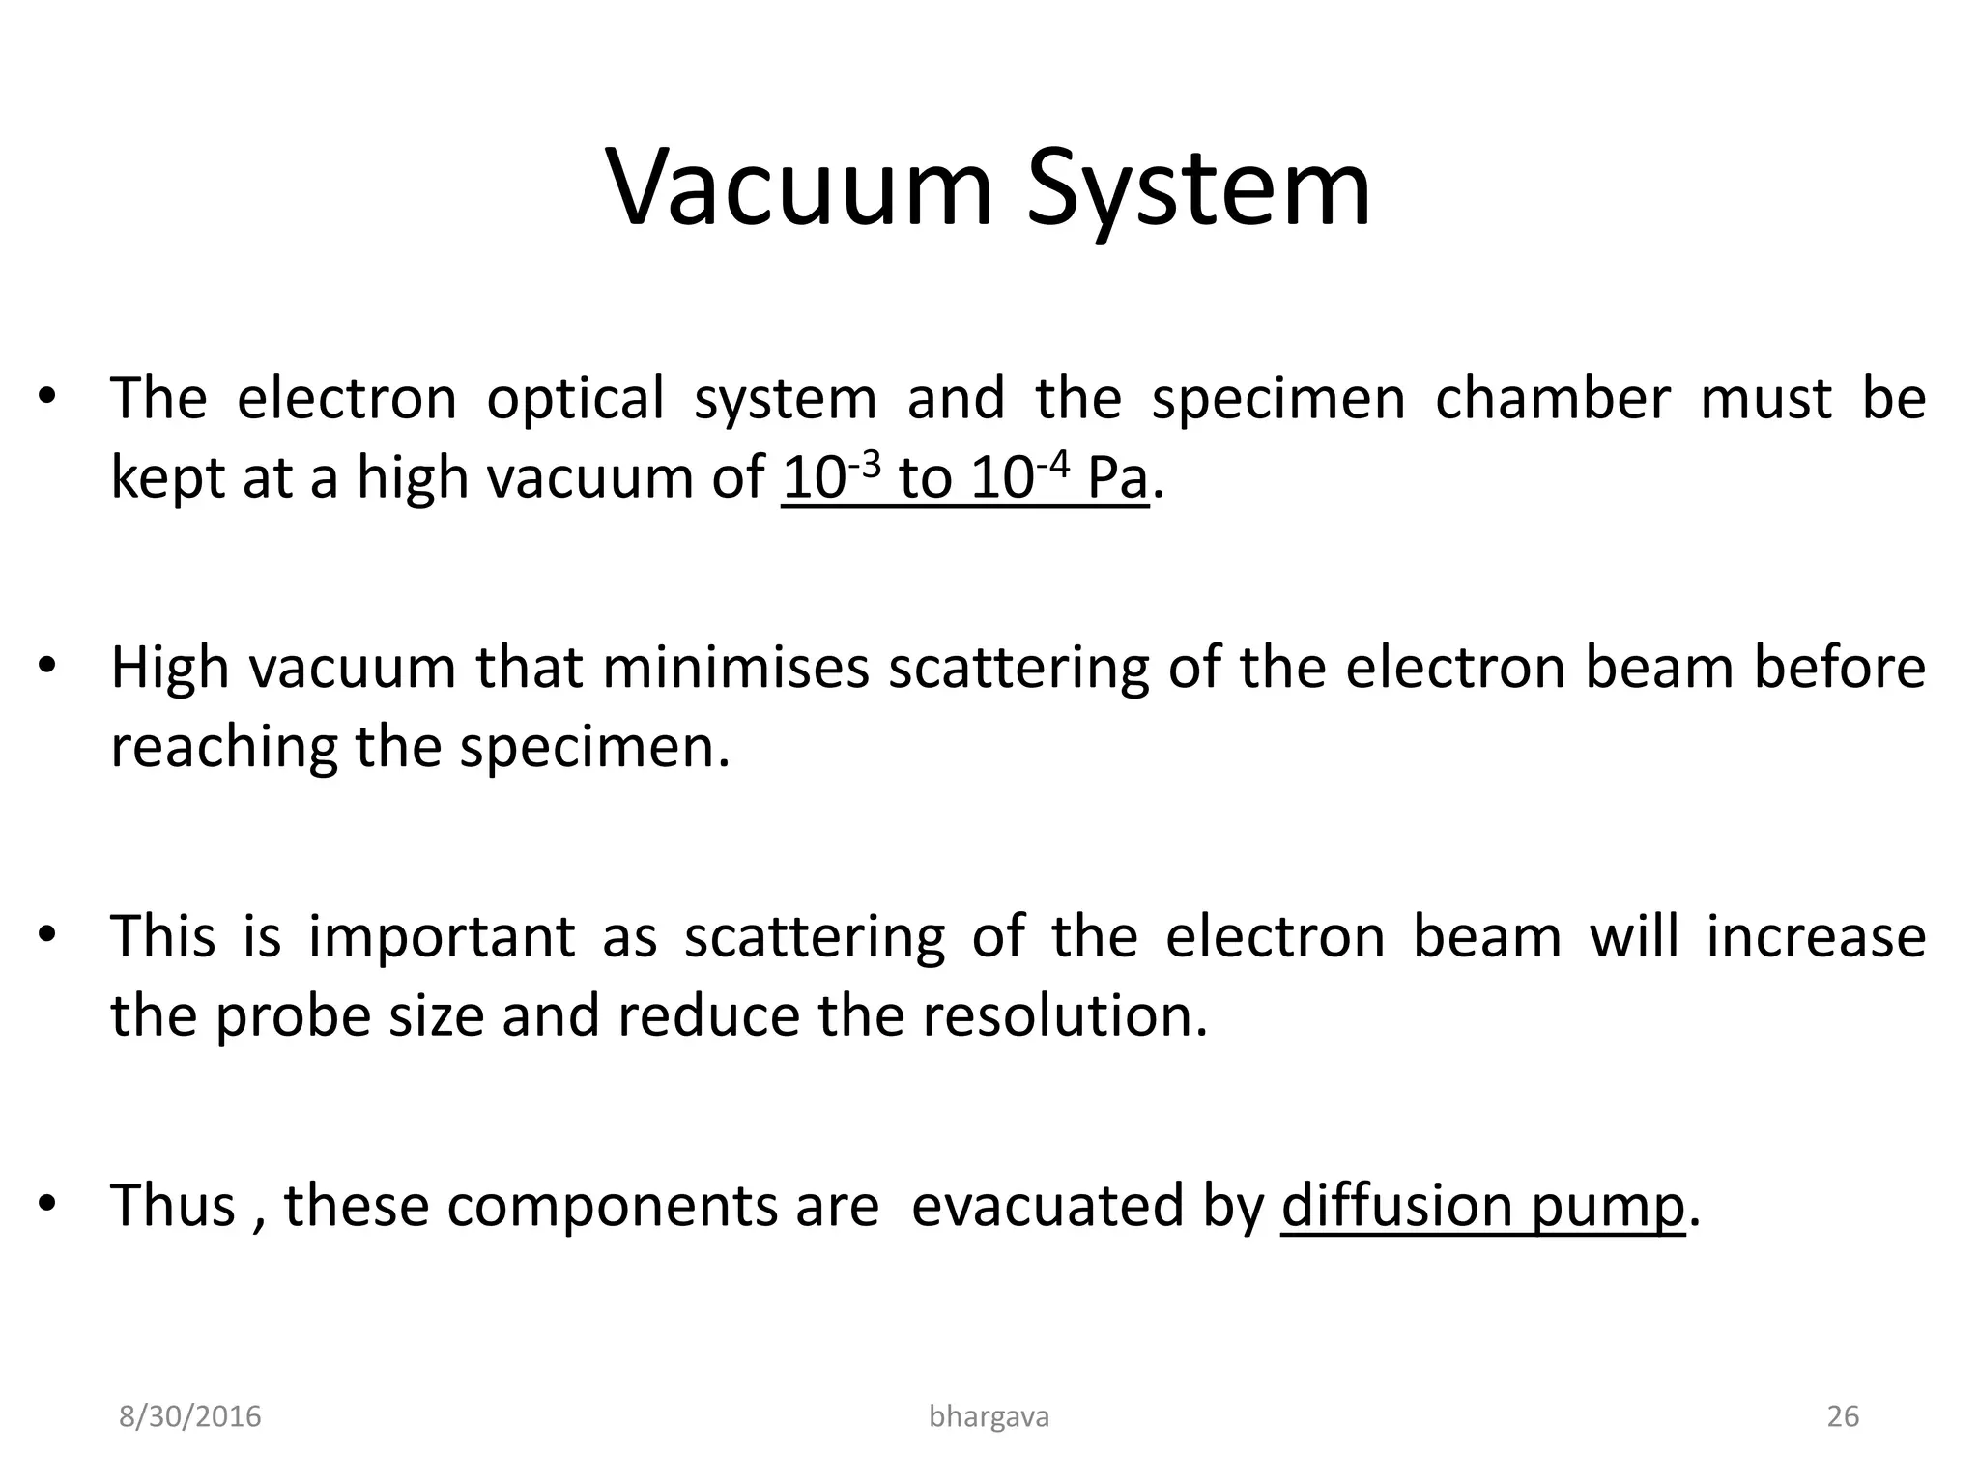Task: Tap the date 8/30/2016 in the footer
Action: (189, 1416)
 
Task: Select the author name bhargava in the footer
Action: (989, 1416)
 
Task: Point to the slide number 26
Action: (1843, 1416)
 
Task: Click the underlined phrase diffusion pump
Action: (1482, 1206)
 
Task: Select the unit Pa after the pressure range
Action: (1117, 477)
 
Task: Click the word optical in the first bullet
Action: (575, 398)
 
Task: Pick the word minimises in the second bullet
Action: (735, 668)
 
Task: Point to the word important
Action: (442, 937)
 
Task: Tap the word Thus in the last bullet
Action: (173, 1206)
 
